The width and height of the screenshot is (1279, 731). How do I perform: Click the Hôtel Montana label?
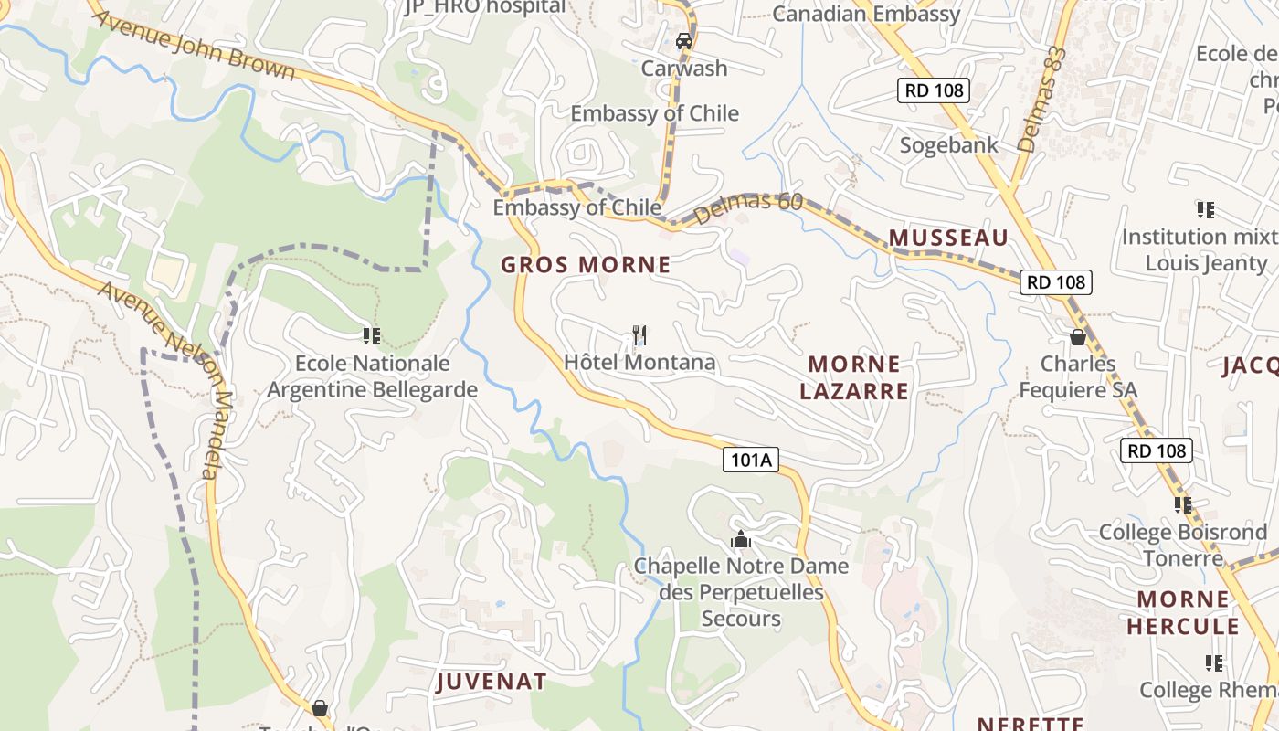[x=639, y=362]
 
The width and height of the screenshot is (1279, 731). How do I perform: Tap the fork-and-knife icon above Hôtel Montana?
[x=639, y=335]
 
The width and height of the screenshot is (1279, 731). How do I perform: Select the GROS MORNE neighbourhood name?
[x=586, y=265]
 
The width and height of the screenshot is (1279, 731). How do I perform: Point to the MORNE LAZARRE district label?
[x=854, y=377]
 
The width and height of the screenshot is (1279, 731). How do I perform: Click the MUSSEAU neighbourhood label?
[x=948, y=238]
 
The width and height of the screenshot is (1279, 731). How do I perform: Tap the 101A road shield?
[x=751, y=460]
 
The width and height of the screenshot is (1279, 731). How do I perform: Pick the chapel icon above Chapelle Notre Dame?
[x=741, y=540]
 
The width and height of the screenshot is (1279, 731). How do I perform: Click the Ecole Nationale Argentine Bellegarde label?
[x=372, y=376]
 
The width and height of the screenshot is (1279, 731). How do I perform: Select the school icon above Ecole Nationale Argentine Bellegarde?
[x=371, y=336]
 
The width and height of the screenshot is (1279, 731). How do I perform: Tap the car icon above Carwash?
[x=683, y=40]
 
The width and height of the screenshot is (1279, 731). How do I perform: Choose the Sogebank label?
[x=949, y=145]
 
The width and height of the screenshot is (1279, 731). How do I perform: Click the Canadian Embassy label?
[x=866, y=14]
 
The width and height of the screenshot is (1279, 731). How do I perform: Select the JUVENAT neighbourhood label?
[x=492, y=682]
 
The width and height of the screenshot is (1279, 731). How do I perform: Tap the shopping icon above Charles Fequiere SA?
[x=1078, y=337]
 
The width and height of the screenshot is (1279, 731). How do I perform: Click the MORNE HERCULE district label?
[x=1183, y=613]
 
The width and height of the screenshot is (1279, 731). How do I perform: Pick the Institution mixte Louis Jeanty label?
[x=1200, y=249]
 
